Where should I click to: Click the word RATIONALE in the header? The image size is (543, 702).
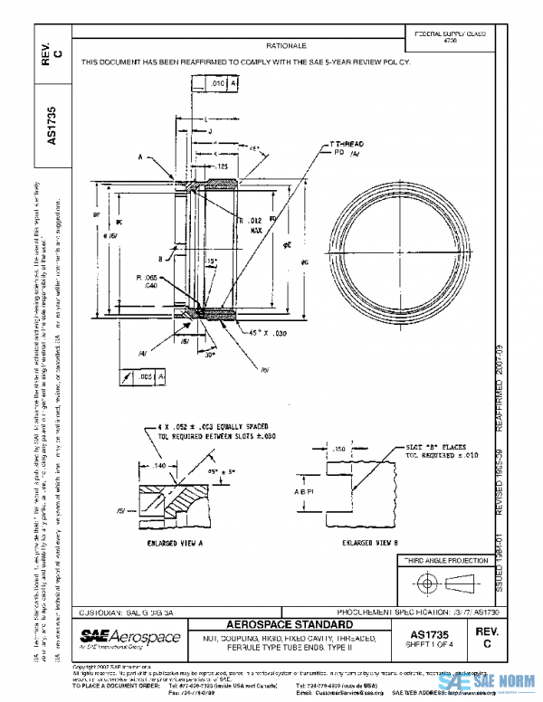(x=288, y=44)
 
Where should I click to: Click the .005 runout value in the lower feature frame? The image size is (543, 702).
(x=145, y=375)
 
